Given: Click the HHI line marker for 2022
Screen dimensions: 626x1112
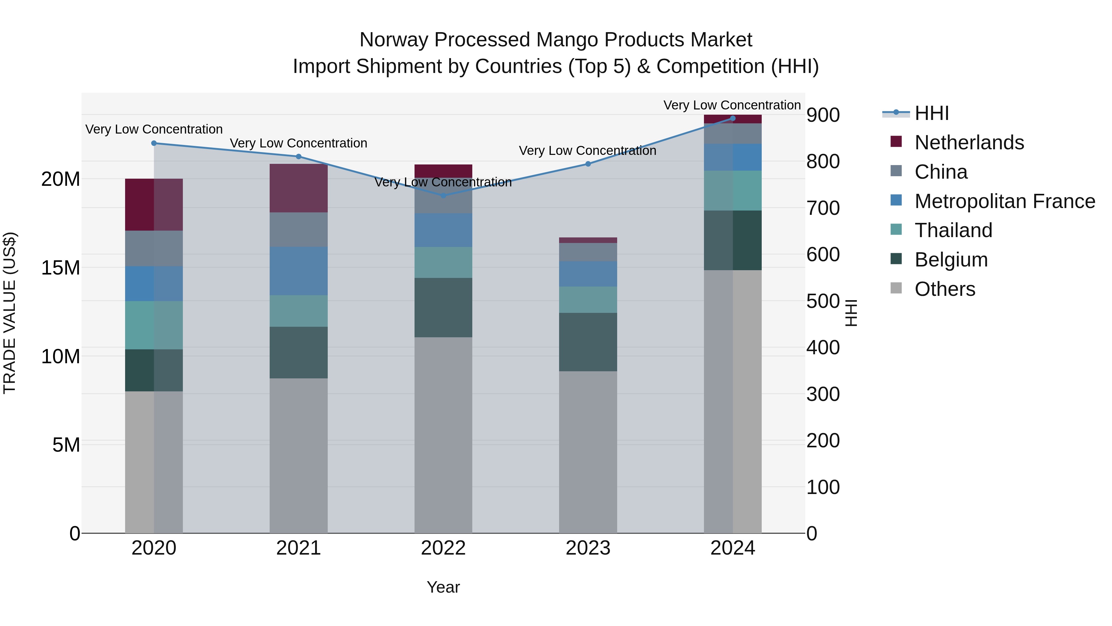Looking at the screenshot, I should click(443, 195).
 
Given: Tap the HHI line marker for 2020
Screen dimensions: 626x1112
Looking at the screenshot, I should click(154, 143).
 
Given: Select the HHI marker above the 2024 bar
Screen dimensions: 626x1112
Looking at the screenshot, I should click(733, 118).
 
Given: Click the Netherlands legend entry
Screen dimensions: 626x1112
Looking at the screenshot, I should click(969, 143).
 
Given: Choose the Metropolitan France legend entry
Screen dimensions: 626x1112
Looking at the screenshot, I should click(1004, 201).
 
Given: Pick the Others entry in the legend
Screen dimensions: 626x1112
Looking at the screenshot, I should click(945, 289).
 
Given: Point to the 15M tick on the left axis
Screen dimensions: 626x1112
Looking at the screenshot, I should click(61, 268).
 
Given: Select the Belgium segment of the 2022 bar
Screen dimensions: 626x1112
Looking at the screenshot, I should click(443, 308).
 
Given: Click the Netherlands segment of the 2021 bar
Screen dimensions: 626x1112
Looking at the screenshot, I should click(299, 188).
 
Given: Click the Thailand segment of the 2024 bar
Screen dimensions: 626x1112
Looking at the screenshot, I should click(733, 190).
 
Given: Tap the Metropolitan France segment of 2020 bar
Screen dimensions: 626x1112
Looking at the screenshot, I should click(154, 284).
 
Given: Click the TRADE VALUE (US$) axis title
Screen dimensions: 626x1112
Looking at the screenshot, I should click(10, 313).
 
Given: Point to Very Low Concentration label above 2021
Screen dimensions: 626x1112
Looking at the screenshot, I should click(299, 143).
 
